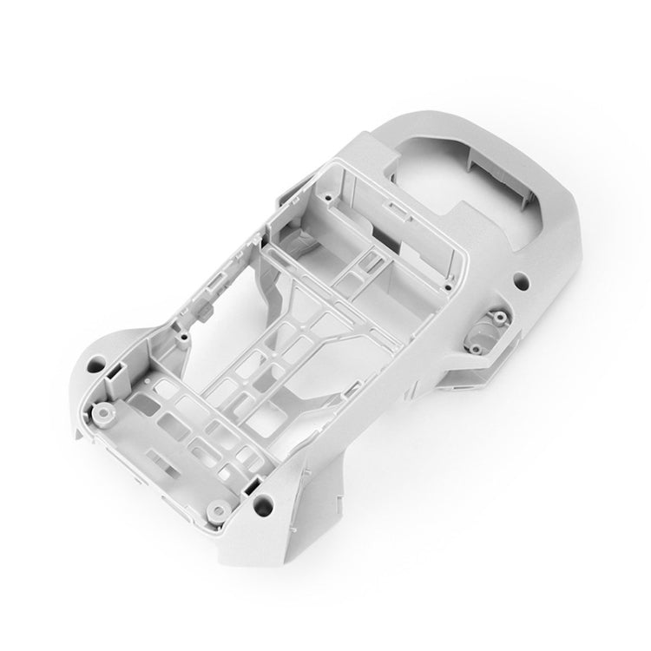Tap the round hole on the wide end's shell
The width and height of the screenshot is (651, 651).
[521, 280]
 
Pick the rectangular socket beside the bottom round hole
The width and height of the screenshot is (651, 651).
[253, 483]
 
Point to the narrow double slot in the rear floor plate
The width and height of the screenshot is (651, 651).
[156, 455]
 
